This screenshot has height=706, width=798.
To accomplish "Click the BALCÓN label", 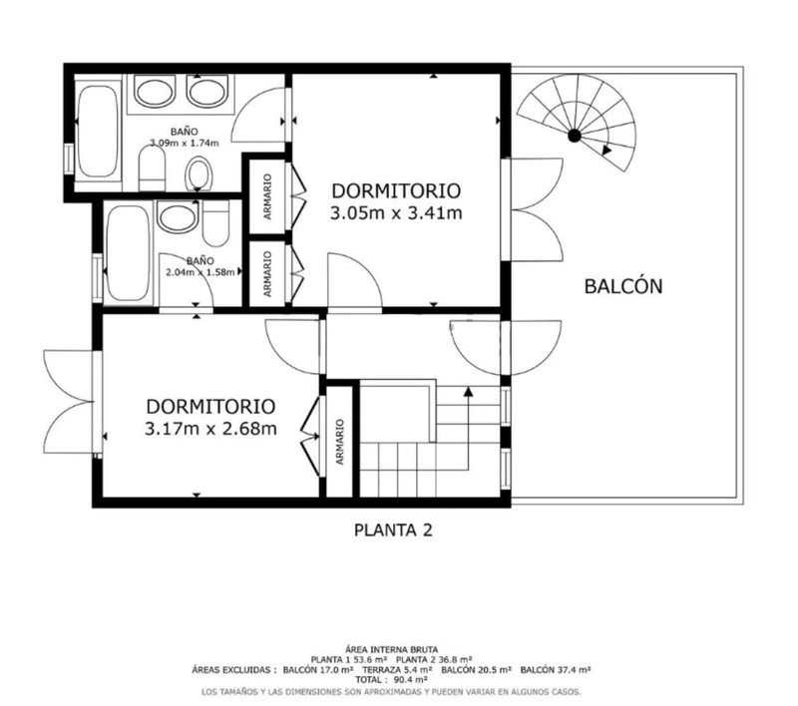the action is coord(622,286).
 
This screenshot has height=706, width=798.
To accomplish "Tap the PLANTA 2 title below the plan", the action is coord(393,530).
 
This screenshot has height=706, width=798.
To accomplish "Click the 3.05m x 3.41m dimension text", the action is coord(396,212).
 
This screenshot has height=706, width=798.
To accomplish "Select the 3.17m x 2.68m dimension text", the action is coord(210,428).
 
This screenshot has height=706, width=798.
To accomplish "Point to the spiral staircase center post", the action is coord(575,136).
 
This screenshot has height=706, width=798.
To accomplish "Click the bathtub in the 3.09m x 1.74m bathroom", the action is coord(98,132).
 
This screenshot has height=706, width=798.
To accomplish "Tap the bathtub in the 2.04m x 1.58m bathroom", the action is coord(129,253).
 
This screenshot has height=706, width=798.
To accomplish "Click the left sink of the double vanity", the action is coord(155,92).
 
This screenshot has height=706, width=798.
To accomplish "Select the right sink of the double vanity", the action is coord(206,92).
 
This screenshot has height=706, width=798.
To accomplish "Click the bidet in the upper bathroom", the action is coord(198,174).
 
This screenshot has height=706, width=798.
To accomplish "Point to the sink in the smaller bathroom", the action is coord(178,216).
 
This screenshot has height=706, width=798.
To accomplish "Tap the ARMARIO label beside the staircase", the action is coord(340,442).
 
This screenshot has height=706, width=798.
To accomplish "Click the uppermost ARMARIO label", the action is coord(267,196).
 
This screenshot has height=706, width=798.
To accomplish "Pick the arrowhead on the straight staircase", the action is coord(468,391).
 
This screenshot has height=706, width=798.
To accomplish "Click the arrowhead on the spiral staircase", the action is coord(606,150).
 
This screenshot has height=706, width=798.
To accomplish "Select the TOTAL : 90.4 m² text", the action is coord(391,679).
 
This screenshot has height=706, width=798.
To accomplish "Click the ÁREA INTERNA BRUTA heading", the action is coord(391,649).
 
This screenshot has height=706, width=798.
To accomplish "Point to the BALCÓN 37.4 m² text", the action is coord(556,670).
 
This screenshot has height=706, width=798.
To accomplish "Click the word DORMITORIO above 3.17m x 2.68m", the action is coord(210,407).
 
